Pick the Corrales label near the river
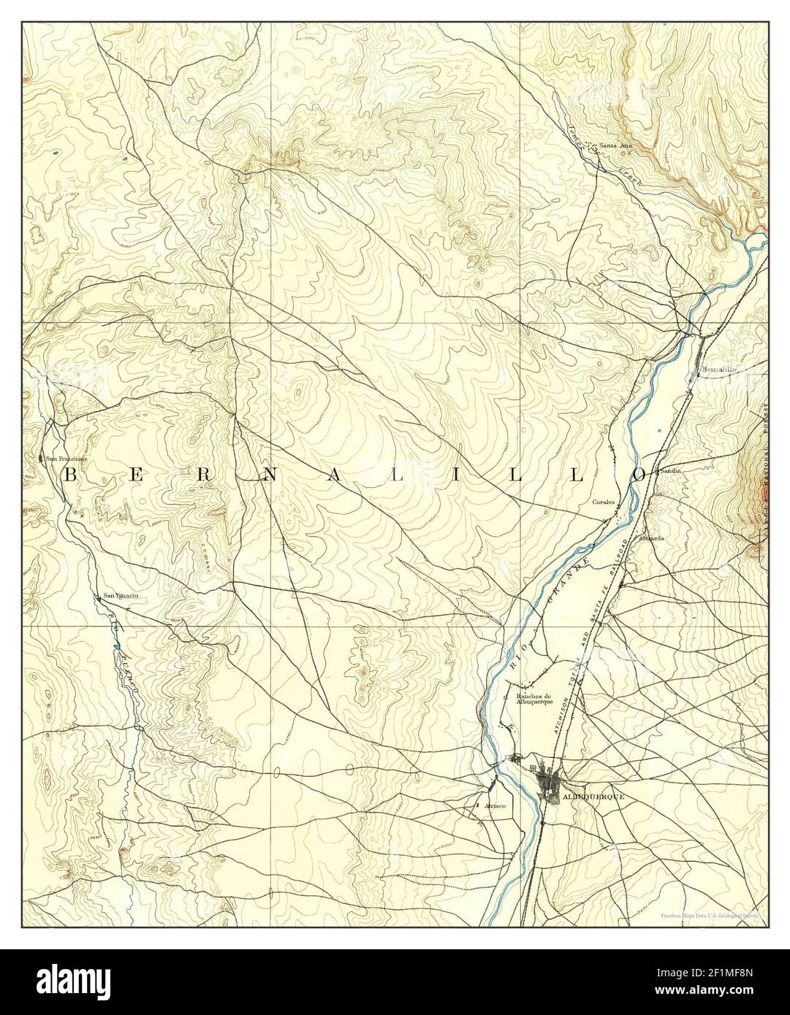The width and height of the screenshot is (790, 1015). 606,503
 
